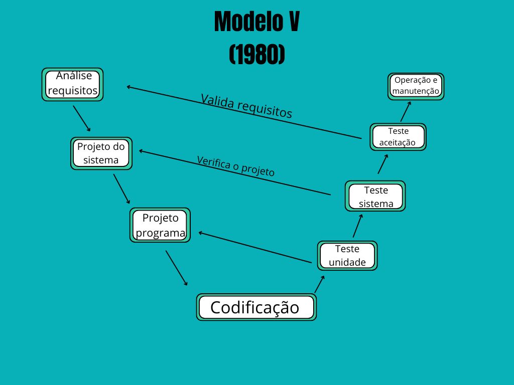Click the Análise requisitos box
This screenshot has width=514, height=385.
pyautogui.click(x=72, y=84)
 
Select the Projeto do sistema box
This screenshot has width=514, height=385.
pyautogui.click(x=101, y=153)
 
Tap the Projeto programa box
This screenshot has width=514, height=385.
pyautogui.click(x=160, y=225)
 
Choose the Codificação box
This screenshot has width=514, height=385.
pyautogui.click(x=256, y=307)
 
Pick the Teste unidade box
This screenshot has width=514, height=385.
pyautogui.click(x=347, y=256)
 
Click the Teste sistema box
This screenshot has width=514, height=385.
pyautogui.click(x=375, y=197)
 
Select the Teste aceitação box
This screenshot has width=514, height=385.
pyautogui.click(x=398, y=136)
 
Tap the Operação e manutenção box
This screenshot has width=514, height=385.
pyautogui.click(x=416, y=86)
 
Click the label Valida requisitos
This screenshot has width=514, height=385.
pyautogui.click(x=246, y=106)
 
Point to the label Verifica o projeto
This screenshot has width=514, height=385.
pyautogui.click(x=235, y=166)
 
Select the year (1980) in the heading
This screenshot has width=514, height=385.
pyautogui.click(x=257, y=54)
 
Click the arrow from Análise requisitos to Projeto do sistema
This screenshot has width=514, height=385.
pyautogui.click(x=82, y=118)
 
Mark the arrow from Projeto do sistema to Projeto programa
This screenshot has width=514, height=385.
pyautogui.click(x=122, y=188)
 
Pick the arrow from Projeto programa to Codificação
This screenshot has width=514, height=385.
pyautogui.click(x=176, y=268)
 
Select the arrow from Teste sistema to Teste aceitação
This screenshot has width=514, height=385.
pyautogui.click(x=383, y=164)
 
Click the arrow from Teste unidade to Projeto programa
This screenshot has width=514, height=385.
pyautogui.click(x=255, y=247)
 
